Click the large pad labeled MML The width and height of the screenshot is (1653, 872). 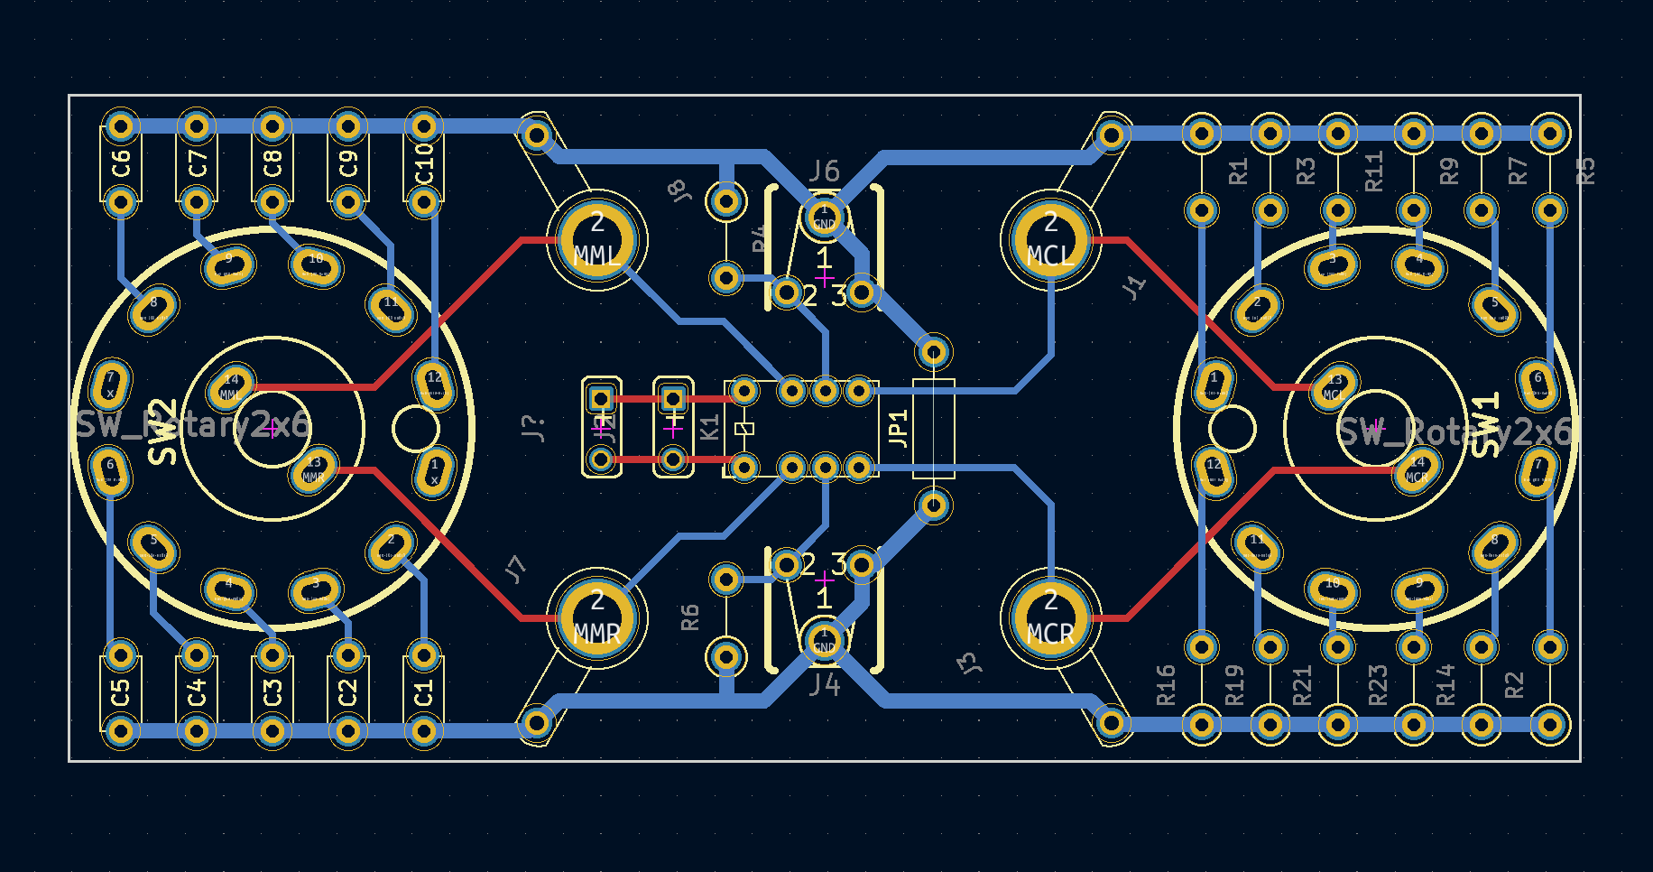click(x=596, y=240)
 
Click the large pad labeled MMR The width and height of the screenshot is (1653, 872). click(x=596, y=618)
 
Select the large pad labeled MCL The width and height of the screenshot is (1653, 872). click(x=1050, y=240)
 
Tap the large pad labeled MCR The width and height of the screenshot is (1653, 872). click(x=1050, y=618)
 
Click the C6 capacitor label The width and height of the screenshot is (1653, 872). click(x=121, y=164)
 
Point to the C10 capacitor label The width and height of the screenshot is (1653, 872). click(x=424, y=164)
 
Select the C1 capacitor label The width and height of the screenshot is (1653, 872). click(x=424, y=693)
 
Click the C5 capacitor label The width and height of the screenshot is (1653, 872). click(x=121, y=693)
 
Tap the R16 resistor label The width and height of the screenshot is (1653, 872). click(x=1166, y=684)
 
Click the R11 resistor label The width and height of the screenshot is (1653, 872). click(x=1373, y=172)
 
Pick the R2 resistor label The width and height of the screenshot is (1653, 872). click(x=1514, y=685)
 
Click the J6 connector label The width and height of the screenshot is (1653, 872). click(x=824, y=171)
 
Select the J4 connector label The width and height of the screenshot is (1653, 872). click(x=824, y=685)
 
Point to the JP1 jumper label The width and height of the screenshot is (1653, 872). click(x=898, y=428)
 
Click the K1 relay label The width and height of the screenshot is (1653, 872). click(x=710, y=428)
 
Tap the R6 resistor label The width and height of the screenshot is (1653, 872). click(x=690, y=617)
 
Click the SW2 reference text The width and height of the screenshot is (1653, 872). click(x=162, y=432)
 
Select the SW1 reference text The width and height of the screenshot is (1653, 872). click(x=1485, y=424)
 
